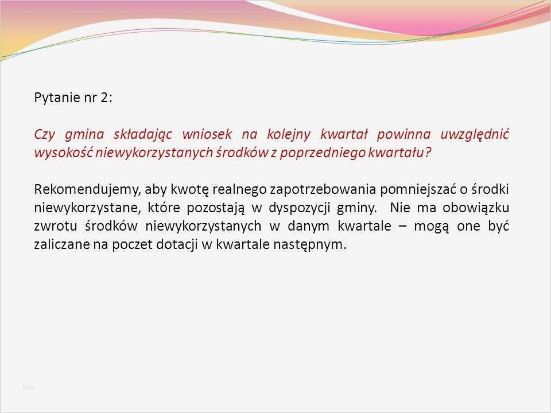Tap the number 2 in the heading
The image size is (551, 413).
(104, 98)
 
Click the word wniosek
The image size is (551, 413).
(207, 135)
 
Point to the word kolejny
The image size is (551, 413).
(289, 135)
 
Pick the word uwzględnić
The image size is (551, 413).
(474, 135)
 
